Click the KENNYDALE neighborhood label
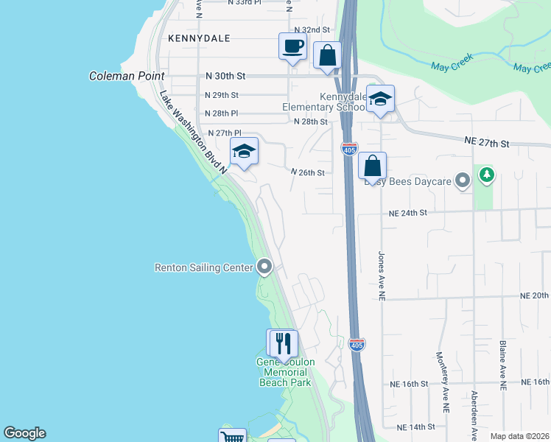(x=199, y=38)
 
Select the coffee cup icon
(x=292, y=46)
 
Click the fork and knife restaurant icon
(x=281, y=343)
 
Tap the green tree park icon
(x=486, y=175)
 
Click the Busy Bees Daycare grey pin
(x=463, y=180)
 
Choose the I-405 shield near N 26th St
(x=350, y=150)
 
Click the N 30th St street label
(x=225, y=76)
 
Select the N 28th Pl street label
(x=222, y=113)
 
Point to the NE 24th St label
(x=408, y=213)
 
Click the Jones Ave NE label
(x=382, y=277)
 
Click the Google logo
(x=25, y=433)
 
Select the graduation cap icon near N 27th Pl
(x=244, y=152)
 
